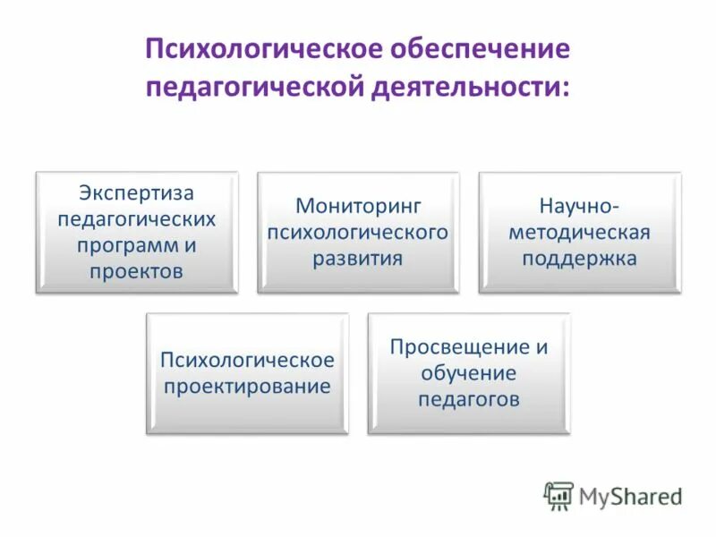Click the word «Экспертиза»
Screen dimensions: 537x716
coord(136,192)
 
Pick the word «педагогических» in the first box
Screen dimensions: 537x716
coord(136,218)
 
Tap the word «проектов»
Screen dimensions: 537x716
coord(136,270)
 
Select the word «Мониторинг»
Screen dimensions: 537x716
coord(358,206)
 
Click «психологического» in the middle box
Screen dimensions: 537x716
coord(358,232)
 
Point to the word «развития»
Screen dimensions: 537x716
coord(358,259)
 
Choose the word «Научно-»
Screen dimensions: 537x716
coord(579,206)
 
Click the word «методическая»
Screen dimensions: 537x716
coord(579,232)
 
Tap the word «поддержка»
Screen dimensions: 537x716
coord(579,259)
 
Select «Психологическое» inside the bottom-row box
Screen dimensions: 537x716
coord(247,360)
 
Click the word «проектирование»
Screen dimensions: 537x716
coord(247,387)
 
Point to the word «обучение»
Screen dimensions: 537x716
coord(468,373)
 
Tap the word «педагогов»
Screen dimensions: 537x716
coord(468,399)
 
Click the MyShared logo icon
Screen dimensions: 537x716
coord(558,495)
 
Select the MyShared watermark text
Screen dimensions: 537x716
coord(630,496)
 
